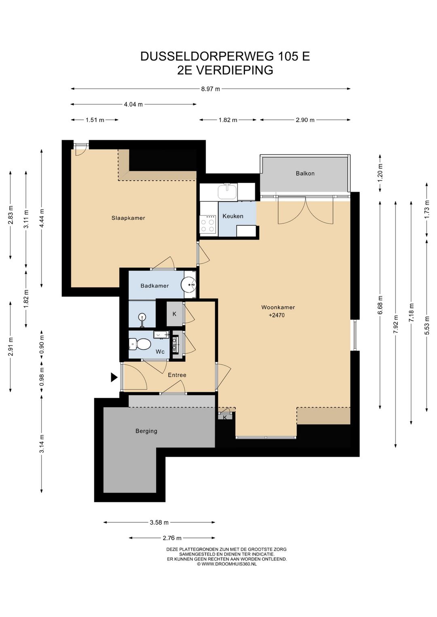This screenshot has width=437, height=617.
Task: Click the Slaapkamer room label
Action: tap(128, 218)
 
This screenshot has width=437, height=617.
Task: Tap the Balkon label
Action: tap(305, 173)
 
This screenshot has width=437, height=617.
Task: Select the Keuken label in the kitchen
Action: tap(233, 216)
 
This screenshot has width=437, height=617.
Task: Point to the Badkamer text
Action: tap(155, 285)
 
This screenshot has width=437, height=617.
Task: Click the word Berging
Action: tap(146, 431)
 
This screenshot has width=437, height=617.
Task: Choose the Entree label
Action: tap(177, 375)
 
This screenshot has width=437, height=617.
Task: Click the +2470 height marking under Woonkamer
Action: tap(276, 315)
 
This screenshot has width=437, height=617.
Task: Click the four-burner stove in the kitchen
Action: tap(208, 224)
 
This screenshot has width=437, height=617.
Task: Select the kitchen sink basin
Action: tap(227, 192)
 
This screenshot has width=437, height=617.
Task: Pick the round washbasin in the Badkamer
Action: tap(189, 284)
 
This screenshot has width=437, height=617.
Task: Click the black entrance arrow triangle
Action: tap(114, 377)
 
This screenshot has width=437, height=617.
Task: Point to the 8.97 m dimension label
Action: tap(211, 89)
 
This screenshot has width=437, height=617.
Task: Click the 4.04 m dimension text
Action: tap(134, 104)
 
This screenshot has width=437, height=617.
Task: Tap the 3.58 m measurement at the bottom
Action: tap(159, 522)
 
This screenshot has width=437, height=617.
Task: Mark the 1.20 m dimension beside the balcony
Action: tap(380, 173)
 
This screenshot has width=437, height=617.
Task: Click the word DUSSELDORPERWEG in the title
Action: tap(207, 56)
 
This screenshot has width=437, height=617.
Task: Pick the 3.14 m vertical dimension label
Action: tap(42, 444)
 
